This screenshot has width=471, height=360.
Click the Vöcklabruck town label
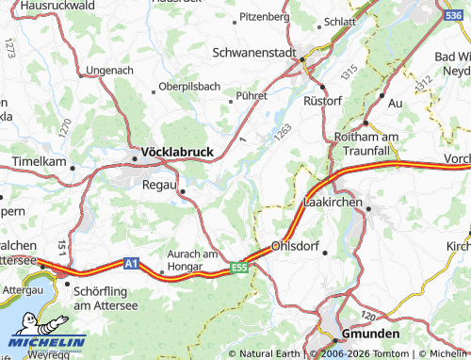[x=177, y=151]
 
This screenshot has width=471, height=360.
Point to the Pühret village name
[x=252, y=94]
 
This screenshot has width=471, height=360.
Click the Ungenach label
[x=110, y=70]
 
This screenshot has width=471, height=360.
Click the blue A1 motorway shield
[x=133, y=264]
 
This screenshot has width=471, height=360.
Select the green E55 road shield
[x=240, y=269]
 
